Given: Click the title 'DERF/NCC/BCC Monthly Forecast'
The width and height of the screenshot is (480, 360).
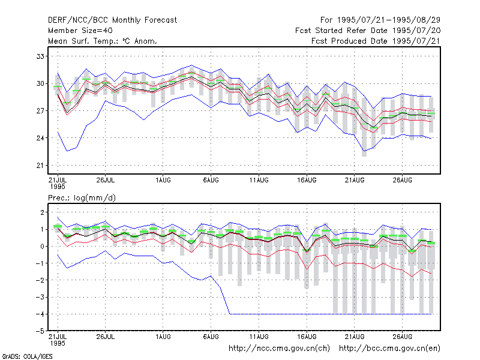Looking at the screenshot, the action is [x=112, y=20].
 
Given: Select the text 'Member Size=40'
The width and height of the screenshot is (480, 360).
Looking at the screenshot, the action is [x=80, y=31].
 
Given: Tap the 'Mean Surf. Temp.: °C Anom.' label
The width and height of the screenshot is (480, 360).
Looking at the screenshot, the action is [x=103, y=41].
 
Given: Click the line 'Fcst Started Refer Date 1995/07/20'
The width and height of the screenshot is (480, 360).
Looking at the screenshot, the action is [x=368, y=31].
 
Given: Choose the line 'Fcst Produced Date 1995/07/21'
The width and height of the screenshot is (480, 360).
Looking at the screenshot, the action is [x=376, y=41].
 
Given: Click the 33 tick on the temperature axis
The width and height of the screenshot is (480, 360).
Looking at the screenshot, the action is [x=40, y=56].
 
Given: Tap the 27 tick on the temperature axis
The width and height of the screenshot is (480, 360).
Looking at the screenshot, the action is [x=40, y=111].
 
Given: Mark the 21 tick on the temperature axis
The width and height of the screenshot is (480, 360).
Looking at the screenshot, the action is [x=40, y=166].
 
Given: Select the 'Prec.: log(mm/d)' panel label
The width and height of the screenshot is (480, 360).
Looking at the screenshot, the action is [x=82, y=198].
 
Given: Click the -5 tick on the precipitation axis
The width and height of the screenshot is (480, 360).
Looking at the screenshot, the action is [x=40, y=331].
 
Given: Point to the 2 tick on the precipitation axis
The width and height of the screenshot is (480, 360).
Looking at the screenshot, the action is [x=42, y=212].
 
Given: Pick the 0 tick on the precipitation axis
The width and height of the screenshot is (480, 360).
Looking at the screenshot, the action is [x=42, y=246].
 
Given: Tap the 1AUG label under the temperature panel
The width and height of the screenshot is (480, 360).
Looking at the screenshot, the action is [x=163, y=181].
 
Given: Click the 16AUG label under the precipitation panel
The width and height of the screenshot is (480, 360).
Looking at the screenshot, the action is [x=307, y=337].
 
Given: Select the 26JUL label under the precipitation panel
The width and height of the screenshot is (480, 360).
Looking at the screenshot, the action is [x=106, y=337].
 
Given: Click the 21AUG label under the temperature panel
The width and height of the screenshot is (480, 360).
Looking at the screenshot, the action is [x=355, y=181].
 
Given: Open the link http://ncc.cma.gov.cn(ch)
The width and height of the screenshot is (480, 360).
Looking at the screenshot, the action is [x=279, y=349].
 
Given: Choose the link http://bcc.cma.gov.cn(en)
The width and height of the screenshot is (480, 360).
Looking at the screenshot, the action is [x=389, y=349].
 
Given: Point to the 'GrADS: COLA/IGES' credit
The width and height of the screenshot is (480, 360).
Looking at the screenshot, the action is [x=27, y=356].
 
